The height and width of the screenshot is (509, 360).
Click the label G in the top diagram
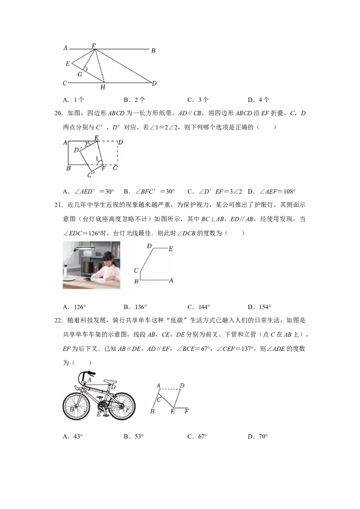pos(80,74)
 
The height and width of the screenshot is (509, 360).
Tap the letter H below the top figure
pos(103,87)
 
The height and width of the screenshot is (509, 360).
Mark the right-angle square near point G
pos(85,70)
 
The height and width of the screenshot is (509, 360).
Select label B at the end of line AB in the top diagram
pos(153,51)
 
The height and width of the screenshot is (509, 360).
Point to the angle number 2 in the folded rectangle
pos(86,144)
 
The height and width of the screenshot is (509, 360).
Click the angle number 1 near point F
pos(97,158)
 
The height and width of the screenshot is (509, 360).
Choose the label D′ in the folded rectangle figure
pos(76,150)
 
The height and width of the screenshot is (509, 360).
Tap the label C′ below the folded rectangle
pos(91,174)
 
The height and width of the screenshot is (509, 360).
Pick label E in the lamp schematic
pos(171,248)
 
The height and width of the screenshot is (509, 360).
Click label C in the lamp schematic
pos(136,270)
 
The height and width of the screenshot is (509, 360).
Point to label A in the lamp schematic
pos(171,280)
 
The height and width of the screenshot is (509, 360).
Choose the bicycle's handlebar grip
pos(91,373)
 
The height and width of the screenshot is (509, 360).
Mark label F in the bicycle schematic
pos(186,411)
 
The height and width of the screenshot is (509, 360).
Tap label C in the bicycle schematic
pos(159,399)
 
